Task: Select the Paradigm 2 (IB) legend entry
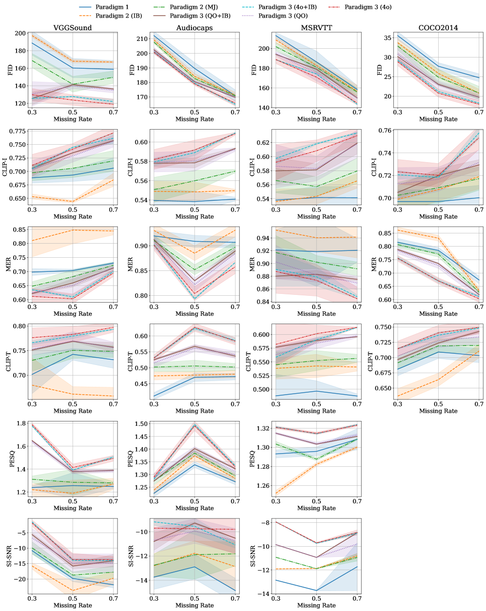[118, 16]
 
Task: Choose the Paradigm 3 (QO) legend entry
[283, 16]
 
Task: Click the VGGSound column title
[73, 28]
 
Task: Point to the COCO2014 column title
[438, 28]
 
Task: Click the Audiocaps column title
[194, 28]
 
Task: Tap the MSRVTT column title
[316, 28]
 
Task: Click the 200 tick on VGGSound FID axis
[20, 34]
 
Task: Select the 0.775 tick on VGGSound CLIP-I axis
[18, 132]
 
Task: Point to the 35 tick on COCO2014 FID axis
[388, 38]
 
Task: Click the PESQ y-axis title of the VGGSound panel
[12, 459]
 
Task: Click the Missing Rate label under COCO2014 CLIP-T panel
[438, 411]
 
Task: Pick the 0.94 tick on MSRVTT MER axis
[264, 238]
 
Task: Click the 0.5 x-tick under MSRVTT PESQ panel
[316, 501]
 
